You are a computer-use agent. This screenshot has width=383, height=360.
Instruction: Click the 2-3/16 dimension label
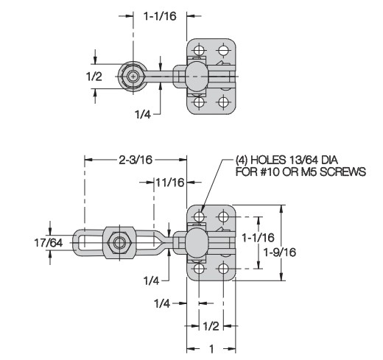point(136,160)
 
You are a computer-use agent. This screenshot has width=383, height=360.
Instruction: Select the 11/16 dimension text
point(170,183)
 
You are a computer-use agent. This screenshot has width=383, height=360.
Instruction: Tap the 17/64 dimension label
point(49,243)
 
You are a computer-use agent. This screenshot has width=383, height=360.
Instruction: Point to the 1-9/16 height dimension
point(279,252)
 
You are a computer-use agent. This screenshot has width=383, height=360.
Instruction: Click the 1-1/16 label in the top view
point(160,16)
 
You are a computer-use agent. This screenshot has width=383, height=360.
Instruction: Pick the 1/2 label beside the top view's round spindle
point(94,77)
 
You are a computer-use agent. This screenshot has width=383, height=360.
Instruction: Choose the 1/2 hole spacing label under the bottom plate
point(211,326)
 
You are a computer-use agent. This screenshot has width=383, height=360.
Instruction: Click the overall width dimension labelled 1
point(211,348)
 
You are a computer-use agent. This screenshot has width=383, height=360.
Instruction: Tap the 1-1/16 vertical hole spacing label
point(258,237)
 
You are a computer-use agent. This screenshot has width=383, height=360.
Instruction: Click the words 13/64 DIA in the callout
point(311,160)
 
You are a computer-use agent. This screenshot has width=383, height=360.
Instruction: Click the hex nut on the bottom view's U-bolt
point(119,243)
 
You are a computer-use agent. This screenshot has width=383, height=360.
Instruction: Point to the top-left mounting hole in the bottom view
point(199,216)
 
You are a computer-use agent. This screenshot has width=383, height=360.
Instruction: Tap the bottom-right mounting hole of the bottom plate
point(223,269)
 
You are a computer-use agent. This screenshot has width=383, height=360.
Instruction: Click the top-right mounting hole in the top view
point(223,50)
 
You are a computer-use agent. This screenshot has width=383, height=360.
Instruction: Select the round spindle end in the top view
point(133,77)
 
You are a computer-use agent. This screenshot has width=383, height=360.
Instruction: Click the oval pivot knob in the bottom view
point(197,243)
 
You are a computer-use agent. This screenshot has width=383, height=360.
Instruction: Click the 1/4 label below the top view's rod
point(143,114)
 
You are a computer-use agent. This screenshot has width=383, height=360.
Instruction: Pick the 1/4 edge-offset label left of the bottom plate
point(162,303)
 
